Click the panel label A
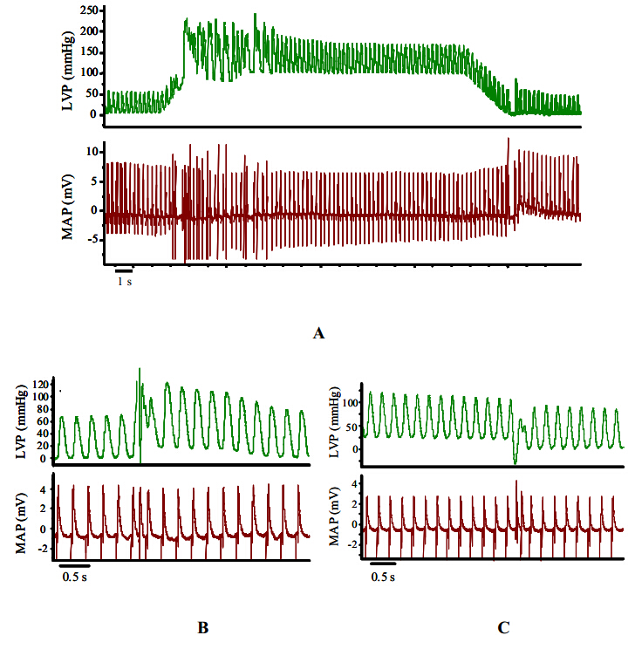317,332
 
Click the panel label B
201,626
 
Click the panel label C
503,626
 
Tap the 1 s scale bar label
125,282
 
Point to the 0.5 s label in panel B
74,576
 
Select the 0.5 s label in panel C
383,577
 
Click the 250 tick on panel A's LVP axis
86,10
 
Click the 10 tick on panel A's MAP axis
90,152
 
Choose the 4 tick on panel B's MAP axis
44,488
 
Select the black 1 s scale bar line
124,270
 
